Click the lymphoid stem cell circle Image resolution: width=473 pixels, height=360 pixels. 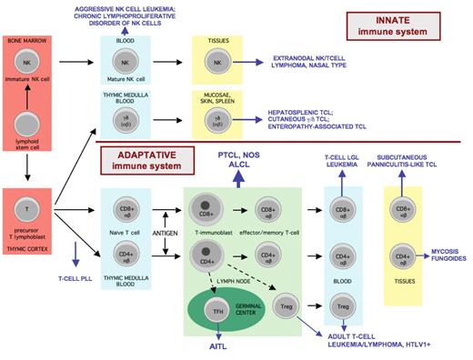click(x=30, y=127)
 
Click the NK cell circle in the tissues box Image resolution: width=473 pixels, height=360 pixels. click(x=216, y=62)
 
